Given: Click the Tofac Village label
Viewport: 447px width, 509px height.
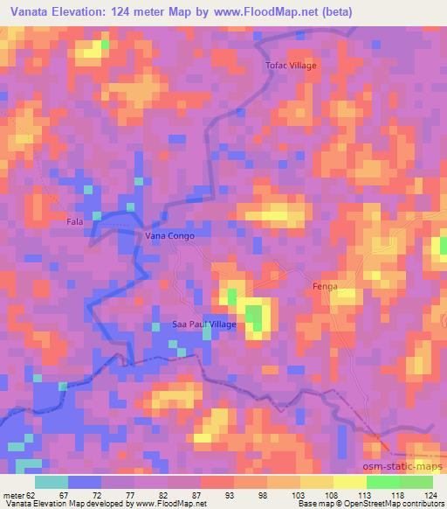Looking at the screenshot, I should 291,66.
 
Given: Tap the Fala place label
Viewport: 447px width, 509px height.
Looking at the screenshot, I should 75,222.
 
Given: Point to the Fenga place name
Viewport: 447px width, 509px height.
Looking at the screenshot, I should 325,287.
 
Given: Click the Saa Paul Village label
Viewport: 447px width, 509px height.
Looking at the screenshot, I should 203,324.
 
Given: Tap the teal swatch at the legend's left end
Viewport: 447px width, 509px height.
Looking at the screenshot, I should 52,482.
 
